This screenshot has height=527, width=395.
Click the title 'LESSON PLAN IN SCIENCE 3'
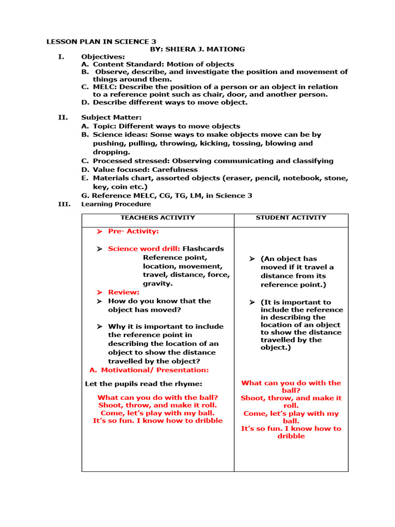coord(101,41)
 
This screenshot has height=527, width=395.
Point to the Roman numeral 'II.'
coord(63,117)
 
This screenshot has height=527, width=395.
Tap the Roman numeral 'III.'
coord(64,204)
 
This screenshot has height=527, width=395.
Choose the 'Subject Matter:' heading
coord(111,117)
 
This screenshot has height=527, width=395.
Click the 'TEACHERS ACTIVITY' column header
coord(157,218)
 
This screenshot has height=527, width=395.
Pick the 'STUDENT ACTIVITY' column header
coord(291,218)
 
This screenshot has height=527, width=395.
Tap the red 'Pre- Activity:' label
coord(133,232)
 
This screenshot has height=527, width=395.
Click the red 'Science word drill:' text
coord(144,249)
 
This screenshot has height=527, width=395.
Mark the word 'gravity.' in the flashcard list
coord(158,284)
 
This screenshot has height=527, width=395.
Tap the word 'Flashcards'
coord(203,249)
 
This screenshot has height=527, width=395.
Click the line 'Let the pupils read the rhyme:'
coord(143,384)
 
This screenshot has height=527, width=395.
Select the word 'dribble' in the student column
coord(291,436)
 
